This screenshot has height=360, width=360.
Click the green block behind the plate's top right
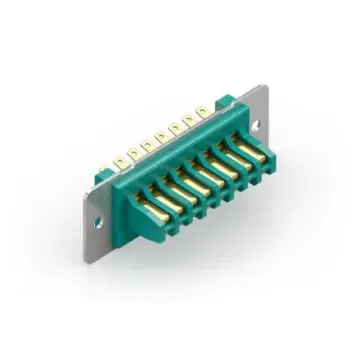click(x=225, y=103)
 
